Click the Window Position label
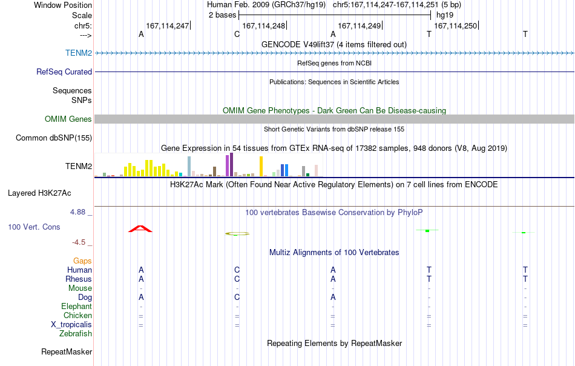click(63, 5)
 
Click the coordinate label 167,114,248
click(263, 25)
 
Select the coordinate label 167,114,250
click(455, 25)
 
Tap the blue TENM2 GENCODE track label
click(79, 53)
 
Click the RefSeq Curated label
click(64, 72)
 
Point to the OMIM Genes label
click(68, 119)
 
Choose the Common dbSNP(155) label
click(53, 138)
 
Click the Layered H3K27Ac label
click(39, 193)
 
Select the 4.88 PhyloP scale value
click(77, 212)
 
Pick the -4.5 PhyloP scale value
click(79, 242)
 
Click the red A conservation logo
click(140, 228)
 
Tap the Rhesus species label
click(79, 279)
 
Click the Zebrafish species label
click(76, 334)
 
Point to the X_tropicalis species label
click(71, 325)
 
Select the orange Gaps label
click(82, 261)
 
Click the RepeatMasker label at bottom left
click(67, 351)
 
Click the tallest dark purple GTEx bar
click(231, 164)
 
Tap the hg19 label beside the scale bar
click(445, 15)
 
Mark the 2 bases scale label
click(222, 15)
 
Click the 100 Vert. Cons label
click(34, 227)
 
